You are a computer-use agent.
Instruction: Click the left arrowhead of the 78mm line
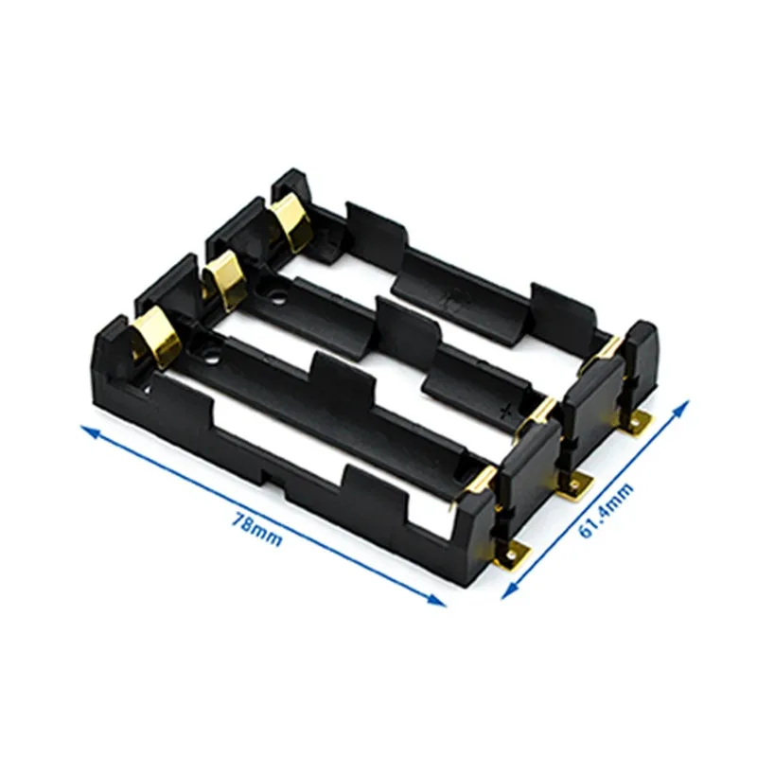point(88,431)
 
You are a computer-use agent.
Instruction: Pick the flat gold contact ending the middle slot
point(545,408)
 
